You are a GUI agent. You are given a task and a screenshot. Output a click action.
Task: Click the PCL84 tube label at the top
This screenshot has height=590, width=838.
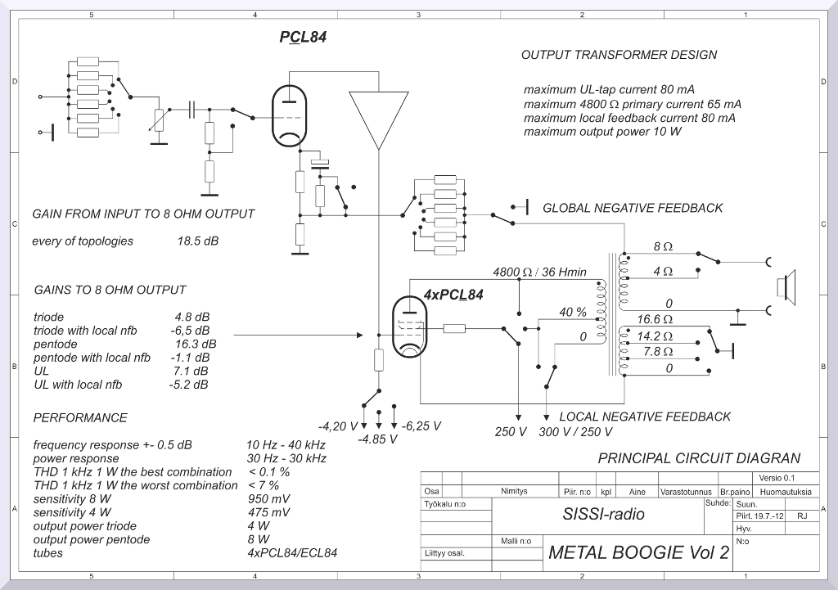tap(303, 37)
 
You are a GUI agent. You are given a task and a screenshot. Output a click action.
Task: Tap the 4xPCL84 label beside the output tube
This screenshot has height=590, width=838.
tap(453, 295)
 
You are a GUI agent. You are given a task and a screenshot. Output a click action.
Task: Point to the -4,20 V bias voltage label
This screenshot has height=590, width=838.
tap(338, 426)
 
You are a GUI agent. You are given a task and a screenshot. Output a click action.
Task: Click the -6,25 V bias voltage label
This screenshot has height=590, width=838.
tap(421, 426)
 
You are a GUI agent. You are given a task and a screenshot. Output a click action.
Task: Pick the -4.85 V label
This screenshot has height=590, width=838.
tap(377, 439)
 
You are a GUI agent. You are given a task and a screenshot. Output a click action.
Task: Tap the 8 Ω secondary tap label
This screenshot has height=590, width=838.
tap(663, 246)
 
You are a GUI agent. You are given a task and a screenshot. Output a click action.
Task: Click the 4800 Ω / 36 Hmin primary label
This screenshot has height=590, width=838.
tap(539, 272)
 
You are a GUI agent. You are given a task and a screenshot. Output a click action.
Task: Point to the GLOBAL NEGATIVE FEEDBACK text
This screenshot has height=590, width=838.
tap(633, 208)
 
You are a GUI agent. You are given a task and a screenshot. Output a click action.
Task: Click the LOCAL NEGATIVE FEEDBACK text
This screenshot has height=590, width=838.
tap(645, 417)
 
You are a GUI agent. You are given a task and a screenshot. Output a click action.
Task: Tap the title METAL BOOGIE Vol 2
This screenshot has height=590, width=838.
tap(638, 552)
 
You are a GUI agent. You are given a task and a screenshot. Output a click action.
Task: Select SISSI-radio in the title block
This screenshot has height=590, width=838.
tap(603, 514)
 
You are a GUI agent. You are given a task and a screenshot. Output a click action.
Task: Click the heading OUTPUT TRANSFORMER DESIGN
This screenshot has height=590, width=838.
tap(619, 55)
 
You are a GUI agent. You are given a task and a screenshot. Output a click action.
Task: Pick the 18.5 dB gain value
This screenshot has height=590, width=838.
tap(197, 241)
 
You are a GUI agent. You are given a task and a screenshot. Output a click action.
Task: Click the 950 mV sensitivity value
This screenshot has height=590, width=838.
tap(268, 498)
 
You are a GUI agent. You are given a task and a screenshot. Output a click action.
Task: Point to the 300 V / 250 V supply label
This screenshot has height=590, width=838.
tap(575, 432)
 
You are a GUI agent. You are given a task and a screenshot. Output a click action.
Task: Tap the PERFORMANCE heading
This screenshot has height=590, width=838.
tap(80, 417)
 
